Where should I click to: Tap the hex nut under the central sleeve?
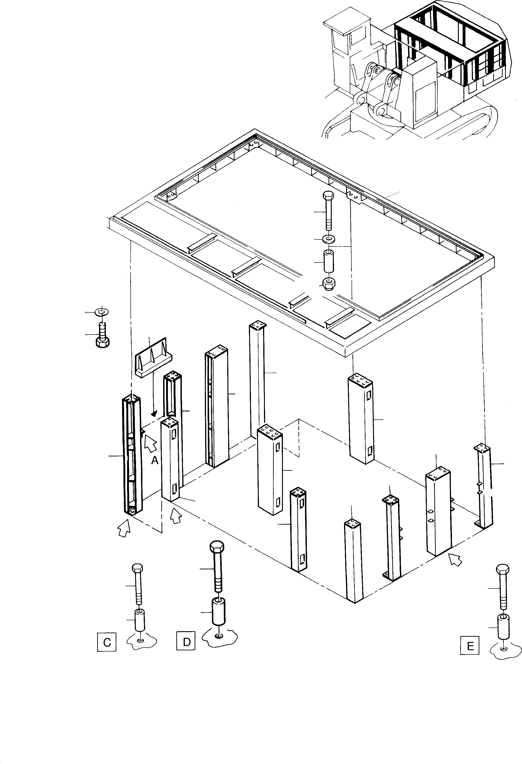pos(328,283)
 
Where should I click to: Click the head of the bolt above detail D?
pos(217,547)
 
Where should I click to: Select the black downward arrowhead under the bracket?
pos(154,413)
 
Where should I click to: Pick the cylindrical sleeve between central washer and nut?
pos(328,261)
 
